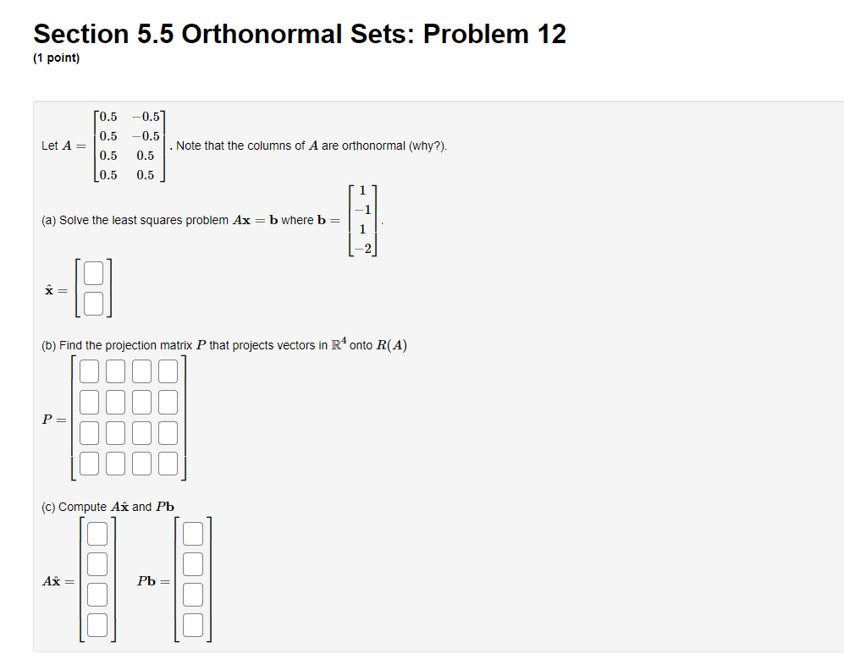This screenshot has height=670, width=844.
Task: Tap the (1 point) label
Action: (x=57, y=58)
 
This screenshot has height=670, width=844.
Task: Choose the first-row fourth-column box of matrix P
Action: (x=168, y=372)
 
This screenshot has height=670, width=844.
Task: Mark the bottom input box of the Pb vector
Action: (x=194, y=625)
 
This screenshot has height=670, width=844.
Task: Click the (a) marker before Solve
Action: (x=48, y=220)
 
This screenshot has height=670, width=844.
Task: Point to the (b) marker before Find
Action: (x=48, y=345)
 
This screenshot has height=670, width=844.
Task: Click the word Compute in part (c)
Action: (x=83, y=507)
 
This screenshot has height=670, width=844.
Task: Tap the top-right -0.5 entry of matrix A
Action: (x=146, y=117)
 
